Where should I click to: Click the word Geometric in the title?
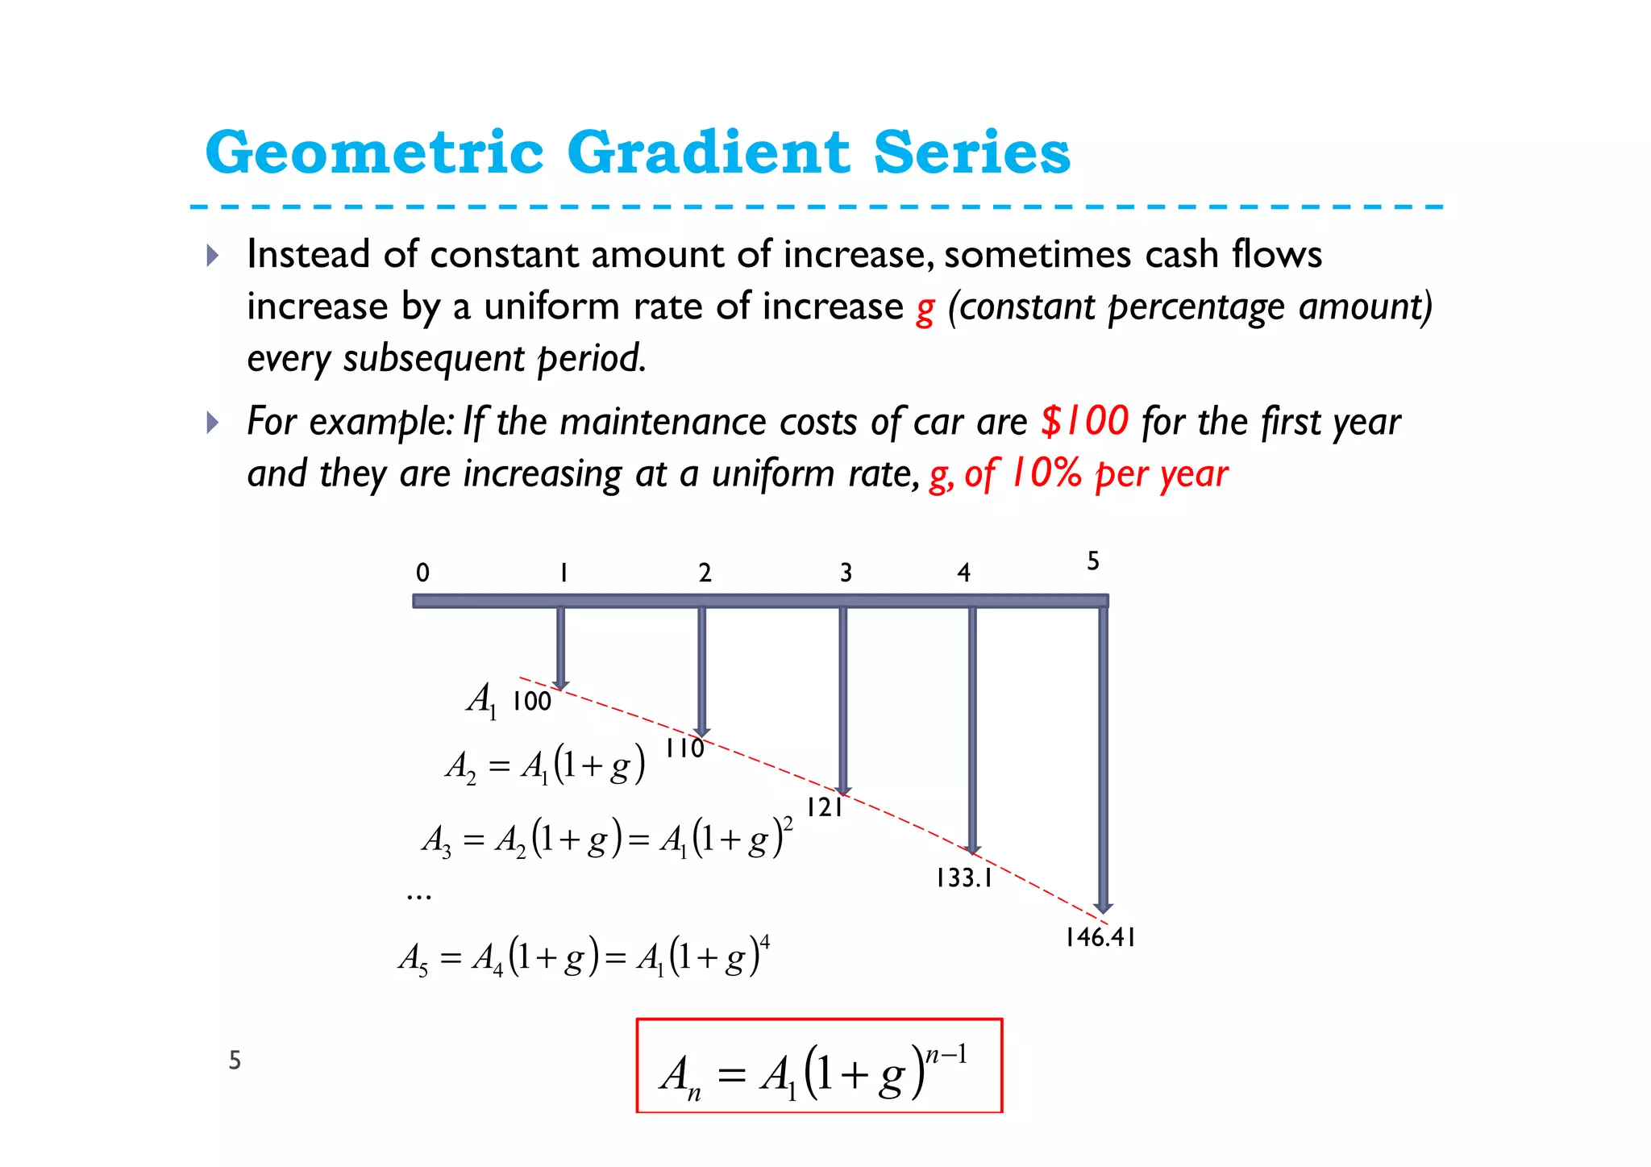point(375,152)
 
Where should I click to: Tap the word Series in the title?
point(972,152)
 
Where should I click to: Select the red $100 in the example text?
point(1084,421)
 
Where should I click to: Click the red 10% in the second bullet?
point(1046,473)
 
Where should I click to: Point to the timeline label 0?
point(422,573)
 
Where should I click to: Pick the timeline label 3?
point(846,573)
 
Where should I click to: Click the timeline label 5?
point(1093,561)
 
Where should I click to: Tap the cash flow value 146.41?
point(1100,937)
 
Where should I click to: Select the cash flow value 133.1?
point(964,878)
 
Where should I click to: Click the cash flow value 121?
point(825,807)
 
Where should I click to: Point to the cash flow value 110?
point(684,749)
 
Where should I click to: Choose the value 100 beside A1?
point(532,702)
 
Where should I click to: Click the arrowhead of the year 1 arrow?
point(560,685)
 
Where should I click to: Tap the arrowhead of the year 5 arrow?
point(1104,907)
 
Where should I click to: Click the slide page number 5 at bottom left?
point(235,1060)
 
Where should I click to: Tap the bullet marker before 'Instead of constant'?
point(212,256)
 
